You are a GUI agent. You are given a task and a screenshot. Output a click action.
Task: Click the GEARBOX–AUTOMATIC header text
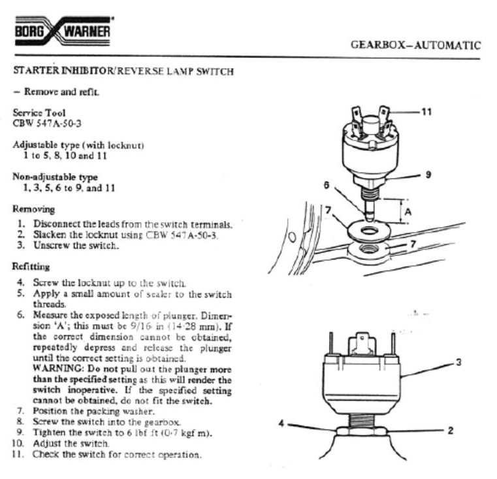[416, 44]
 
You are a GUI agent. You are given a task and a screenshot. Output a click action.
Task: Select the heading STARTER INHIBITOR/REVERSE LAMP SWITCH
[123, 71]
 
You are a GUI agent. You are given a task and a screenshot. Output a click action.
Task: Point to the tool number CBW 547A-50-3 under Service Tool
[47, 124]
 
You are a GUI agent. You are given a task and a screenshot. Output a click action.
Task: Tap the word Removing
[33, 209]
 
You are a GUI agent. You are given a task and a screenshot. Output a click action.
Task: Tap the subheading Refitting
[31, 266]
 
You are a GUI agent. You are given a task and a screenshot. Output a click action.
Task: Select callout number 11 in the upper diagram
[426, 112]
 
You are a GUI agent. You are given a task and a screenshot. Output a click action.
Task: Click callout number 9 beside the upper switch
[428, 174]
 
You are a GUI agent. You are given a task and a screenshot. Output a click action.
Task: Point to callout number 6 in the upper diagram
[327, 185]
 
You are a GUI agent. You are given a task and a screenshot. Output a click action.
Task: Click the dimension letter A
[408, 212]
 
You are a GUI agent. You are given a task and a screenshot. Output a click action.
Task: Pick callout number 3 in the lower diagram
[458, 362]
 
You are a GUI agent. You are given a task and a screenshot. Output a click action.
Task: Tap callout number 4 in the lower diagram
[281, 423]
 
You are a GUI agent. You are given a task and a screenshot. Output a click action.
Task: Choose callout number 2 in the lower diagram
[451, 431]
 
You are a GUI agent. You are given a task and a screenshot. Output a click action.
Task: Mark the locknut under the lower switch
[361, 431]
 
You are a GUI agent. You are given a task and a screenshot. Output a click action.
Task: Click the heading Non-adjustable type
[55, 176]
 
